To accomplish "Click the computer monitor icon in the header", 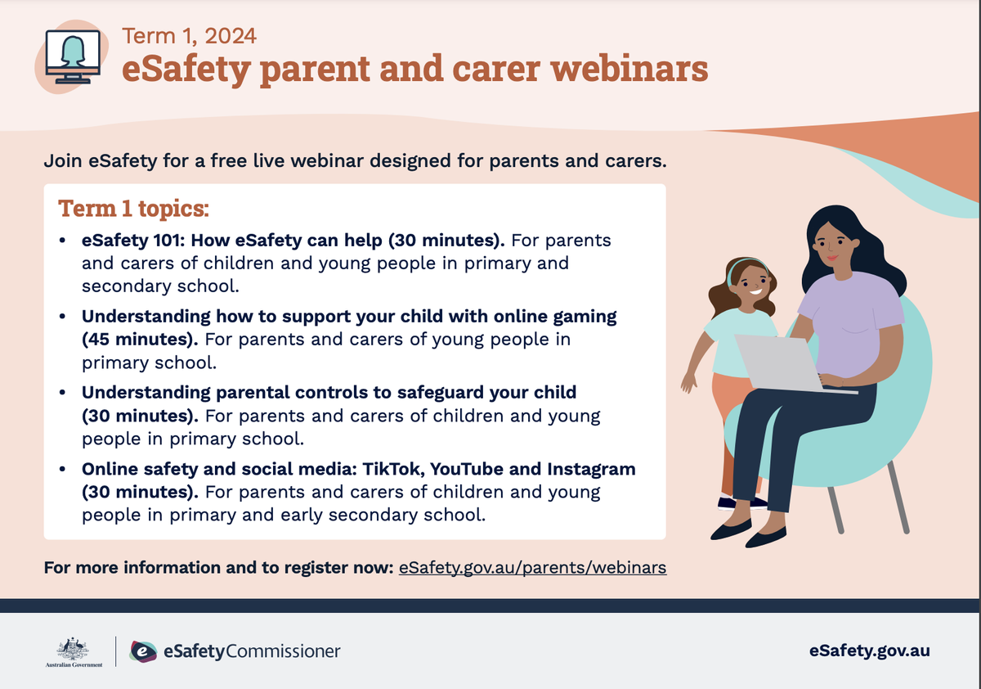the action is point(73,56).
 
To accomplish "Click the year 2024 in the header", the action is point(231,36).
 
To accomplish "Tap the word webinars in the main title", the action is point(629,69).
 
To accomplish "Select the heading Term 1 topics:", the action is point(133,208).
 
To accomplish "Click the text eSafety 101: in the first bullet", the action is point(133,241).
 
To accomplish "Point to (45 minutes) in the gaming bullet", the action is point(140,340).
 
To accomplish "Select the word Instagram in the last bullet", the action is point(591,470).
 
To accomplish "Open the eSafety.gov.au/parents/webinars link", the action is point(532,568).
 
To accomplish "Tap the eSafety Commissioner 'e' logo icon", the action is point(143,651).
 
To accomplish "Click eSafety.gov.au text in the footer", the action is point(869,651).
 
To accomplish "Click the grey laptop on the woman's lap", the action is point(784,364).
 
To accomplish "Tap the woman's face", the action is point(831,245).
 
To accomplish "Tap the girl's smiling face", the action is point(752,286).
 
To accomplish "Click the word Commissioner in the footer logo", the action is point(283,651).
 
